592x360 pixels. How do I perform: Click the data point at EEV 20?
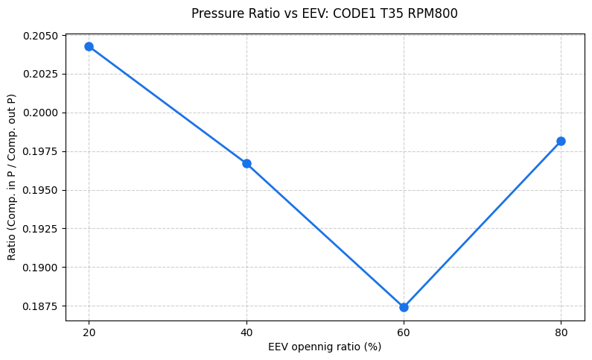tap(89, 46)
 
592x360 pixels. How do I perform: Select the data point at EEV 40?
tap(246, 163)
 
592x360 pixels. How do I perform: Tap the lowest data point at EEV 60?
tap(404, 307)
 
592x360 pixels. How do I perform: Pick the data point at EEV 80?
tap(561, 141)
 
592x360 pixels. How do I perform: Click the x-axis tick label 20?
tap(89, 332)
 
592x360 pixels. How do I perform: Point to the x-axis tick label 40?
tap(246, 332)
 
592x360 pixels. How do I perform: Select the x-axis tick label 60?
tap(404, 332)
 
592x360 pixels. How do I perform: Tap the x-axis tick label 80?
tap(561, 332)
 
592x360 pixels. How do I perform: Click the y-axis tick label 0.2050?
tap(42, 36)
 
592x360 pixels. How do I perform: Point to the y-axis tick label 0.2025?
tap(42, 75)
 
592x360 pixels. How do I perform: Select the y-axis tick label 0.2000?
tap(42, 113)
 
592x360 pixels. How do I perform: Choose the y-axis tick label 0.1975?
tap(42, 151)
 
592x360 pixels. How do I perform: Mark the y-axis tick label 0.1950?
tap(42, 190)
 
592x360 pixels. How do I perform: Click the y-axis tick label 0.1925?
tap(42, 229)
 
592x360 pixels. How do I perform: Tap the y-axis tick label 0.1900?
tap(42, 268)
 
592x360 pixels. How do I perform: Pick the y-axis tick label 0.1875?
tap(42, 306)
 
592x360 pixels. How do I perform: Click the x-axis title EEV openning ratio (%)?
tap(325, 347)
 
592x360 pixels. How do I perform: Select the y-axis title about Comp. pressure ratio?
tap(12, 177)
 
